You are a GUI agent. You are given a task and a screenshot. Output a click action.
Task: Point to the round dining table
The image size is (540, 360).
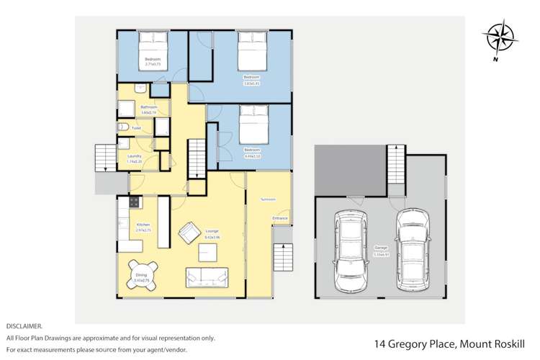[x=141, y=276]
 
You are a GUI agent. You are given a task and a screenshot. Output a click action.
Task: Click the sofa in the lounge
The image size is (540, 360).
[x=207, y=276]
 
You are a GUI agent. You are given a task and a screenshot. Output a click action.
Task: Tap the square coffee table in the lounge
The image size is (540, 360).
[x=210, y=251]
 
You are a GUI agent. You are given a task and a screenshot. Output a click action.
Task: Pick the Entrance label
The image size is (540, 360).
[x=280, y=217]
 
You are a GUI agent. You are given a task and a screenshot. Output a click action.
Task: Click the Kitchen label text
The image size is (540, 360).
[x=143, y=225]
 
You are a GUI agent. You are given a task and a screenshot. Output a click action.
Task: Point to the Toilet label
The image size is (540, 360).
[x=136, y=128]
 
